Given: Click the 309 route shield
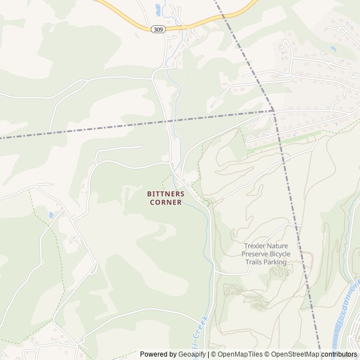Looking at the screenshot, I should click(158, 29).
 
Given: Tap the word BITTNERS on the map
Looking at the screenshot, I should click(165, 193).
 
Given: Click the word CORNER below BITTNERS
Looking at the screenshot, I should click(165, 202).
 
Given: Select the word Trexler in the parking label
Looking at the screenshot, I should click(256, 246).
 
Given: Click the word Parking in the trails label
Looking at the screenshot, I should click(273, 262).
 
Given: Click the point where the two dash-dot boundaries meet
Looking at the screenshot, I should click(274, 111).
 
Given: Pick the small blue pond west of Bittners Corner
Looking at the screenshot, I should click(52, 215).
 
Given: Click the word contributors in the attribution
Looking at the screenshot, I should click(339, 354).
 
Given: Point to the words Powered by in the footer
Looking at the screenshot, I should click(157, 354).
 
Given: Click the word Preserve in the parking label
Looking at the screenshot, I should click(255, 254).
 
